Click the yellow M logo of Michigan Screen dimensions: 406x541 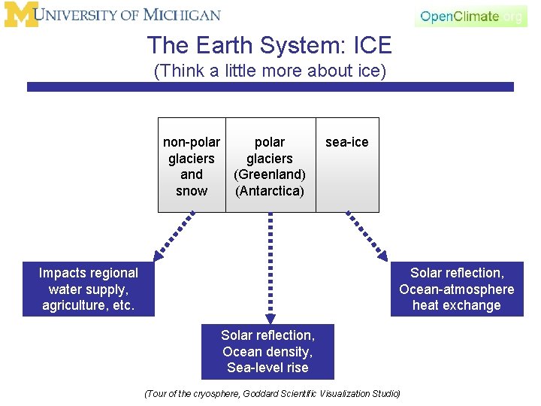click(x=20, y=15)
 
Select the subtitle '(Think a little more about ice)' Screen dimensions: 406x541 click(x=270, y=71)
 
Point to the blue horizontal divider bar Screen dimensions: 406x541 click(x=270, y=87)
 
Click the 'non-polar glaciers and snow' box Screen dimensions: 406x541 click(x=192, y=165)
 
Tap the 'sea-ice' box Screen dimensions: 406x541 click(x=347, y=165)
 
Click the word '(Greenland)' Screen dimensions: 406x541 click(x=270, y=174)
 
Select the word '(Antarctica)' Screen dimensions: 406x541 click(x=270, y=191)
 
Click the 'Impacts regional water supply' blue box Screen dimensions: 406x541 click(x=89, y=289)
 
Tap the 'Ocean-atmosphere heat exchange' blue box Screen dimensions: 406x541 click(x=457, y=289)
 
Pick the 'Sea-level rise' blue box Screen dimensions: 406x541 click(x=267, y=352)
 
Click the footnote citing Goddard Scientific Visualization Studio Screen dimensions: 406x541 click(x=271, y=393)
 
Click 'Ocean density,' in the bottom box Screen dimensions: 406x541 click(x=267, y=352)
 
